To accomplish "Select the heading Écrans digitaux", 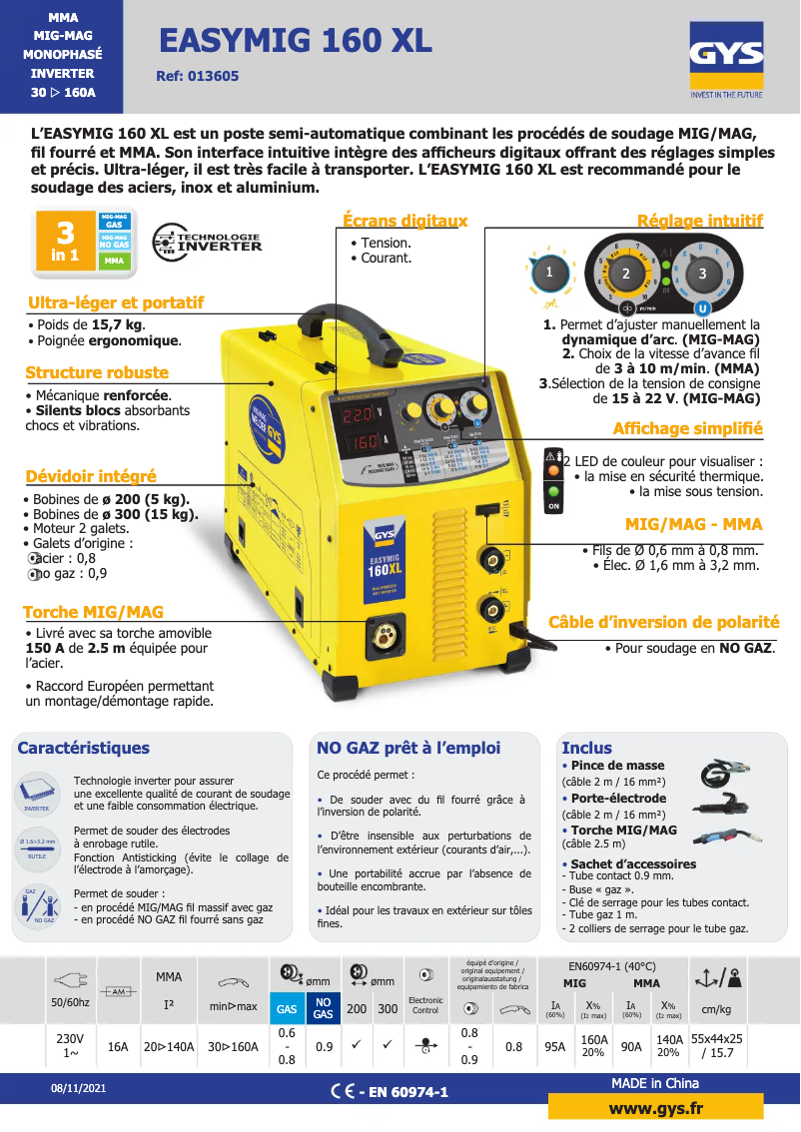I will [404, 221].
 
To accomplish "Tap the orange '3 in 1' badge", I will [66, 240].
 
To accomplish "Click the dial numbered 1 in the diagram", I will [548, 271].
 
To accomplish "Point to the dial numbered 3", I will [701, 273].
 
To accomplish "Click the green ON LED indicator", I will [552, 491].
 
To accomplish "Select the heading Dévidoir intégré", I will [91, 476].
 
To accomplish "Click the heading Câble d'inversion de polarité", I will [663, 623].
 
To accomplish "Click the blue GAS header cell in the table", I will [287, 1008].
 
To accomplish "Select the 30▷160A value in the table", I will [233, 1046].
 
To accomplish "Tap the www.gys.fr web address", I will [655, 1109].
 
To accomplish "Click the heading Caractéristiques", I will [84, 748].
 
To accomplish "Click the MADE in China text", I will [654, 1083].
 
